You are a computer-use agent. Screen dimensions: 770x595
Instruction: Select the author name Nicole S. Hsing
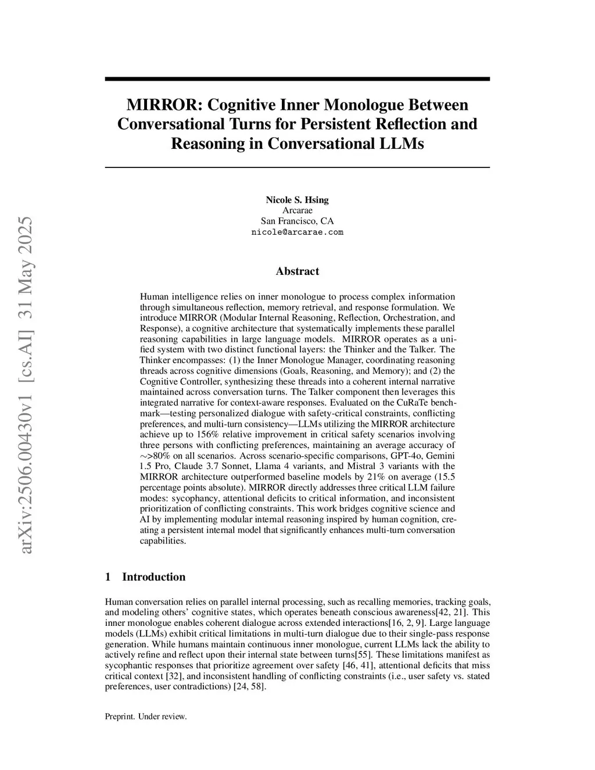pos(297,200)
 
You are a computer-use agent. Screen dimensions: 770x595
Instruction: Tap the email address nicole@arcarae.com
pos(297,232)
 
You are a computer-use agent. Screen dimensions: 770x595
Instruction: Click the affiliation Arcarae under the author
pos(297,210)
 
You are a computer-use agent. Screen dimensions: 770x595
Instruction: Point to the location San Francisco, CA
pos(297,221)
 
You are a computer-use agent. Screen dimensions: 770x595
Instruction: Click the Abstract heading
pos(297,271)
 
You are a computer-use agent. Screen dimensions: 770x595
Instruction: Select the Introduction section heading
pos(153,576)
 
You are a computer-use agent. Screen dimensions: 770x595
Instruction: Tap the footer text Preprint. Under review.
pos(146,716)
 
